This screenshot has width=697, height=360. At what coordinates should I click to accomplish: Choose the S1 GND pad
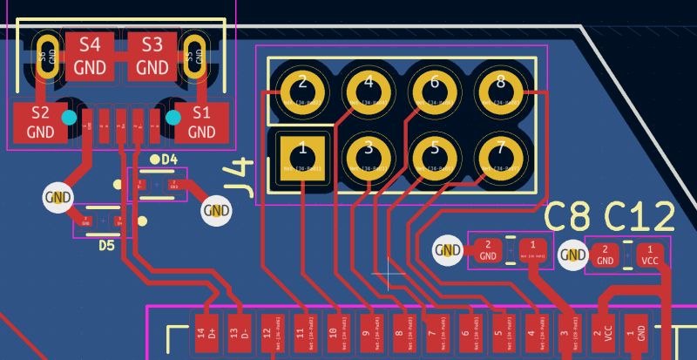202,123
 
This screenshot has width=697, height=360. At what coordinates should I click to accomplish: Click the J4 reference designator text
240,179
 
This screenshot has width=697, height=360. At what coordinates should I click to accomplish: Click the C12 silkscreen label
639,218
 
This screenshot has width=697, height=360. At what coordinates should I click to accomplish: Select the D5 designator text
105,246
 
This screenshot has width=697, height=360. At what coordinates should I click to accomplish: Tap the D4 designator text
168,160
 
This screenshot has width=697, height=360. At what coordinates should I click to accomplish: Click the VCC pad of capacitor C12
650,254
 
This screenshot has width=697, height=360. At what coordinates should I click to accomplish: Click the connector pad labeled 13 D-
234,332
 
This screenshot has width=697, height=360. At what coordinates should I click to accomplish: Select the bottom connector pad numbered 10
333,332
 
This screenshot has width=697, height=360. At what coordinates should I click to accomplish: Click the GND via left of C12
573,255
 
